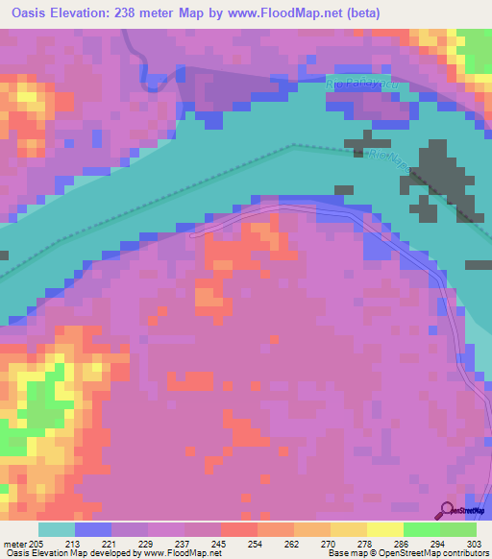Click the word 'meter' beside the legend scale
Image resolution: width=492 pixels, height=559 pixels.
[14, 543]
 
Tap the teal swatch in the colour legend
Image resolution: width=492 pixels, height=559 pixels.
[57, 529]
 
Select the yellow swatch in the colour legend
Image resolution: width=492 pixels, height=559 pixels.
[385, 529]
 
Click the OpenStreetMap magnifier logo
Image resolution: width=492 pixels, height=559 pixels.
[447, 510]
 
